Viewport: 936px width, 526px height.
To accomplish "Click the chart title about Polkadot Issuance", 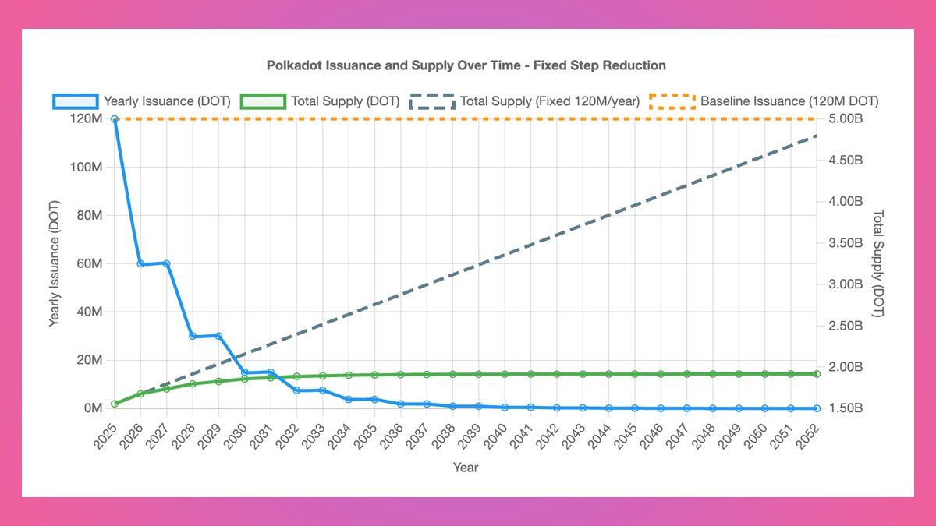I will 466,65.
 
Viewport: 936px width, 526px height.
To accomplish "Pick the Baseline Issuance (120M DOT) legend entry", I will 764,101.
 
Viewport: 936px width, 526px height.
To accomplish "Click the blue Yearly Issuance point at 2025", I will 115,119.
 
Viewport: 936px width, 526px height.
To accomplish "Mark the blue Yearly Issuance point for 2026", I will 140,264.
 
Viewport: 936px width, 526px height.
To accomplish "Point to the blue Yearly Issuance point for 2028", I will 193,336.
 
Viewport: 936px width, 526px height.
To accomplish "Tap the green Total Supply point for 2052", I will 817,374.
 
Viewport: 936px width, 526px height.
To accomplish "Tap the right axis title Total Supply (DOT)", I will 878,263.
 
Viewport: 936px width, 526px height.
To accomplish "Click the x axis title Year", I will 466,468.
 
